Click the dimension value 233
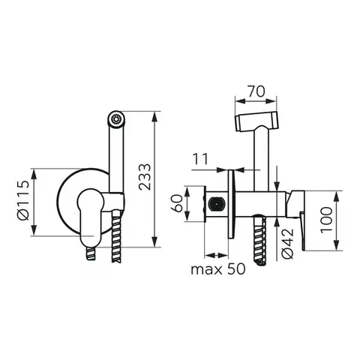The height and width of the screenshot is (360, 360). (145, 177)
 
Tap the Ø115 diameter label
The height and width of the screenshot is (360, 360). (24, 200)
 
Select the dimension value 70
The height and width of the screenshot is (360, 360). (256, 91)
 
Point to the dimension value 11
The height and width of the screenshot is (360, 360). (200, 159)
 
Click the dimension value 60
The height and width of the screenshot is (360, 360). (178, 203)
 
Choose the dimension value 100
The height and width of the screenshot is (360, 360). (326, 220)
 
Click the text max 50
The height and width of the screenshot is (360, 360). (218, 269)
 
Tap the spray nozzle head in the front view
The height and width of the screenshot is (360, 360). (115, 119)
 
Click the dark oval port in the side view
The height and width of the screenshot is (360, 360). (217, 203)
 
